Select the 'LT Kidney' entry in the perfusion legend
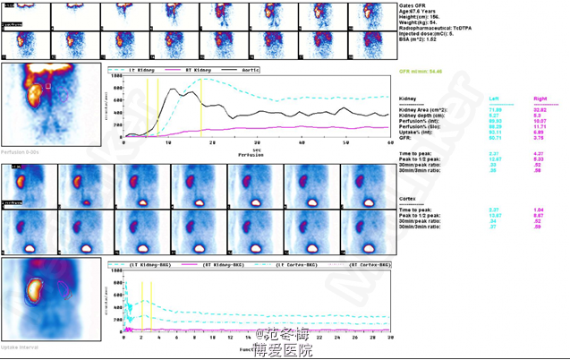click(143, 69)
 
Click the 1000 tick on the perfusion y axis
click(116, 76)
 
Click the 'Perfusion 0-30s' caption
click(19, 151)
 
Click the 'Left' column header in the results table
click(496, 98)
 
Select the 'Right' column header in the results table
click(540, 98)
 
